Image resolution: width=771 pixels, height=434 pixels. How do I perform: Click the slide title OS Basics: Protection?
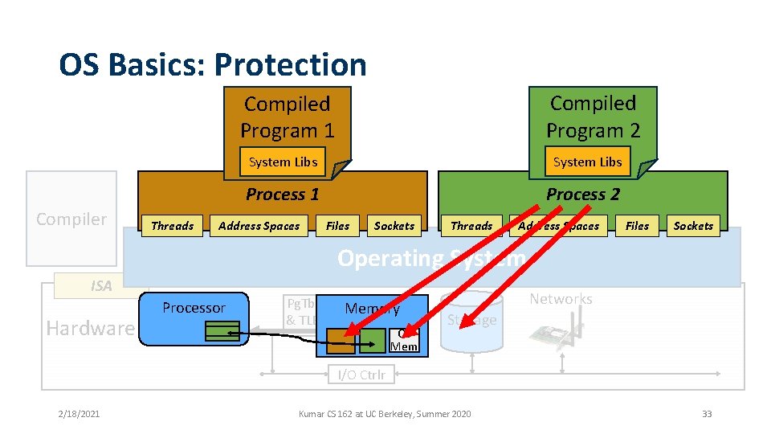(213, 64)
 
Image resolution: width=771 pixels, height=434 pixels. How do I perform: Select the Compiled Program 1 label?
(287, 117)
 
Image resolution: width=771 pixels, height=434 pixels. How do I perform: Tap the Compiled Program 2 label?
(593, 117)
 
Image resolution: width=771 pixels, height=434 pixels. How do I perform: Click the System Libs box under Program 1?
(283, 162)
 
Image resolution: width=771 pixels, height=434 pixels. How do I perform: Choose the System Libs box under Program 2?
(587, 162)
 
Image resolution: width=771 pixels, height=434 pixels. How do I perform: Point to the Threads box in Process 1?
(173, 226)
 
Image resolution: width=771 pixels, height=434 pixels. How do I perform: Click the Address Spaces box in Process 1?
(259, 226)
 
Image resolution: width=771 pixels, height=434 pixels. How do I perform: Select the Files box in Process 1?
(338, 226)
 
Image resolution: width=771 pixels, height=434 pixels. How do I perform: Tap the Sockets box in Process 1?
(394, 226)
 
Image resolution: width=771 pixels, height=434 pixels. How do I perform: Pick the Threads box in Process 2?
(471, 226)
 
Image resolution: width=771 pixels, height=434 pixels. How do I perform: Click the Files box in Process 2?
(637, 226)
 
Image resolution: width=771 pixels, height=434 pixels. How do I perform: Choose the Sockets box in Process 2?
(693, 226)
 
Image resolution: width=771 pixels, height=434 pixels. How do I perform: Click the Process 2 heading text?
(583, 194)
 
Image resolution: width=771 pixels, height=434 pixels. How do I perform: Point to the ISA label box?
(101, 285)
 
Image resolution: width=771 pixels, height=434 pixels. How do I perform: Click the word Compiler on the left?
(71, 219)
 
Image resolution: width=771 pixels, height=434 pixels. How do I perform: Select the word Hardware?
(90, 328)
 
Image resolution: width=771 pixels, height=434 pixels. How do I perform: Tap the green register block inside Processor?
(222, 331)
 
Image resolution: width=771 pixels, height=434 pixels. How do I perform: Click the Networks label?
(561, 299)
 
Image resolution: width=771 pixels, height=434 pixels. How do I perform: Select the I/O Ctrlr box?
(361, 374)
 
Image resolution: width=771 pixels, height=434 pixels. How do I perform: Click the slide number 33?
(707, 414)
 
